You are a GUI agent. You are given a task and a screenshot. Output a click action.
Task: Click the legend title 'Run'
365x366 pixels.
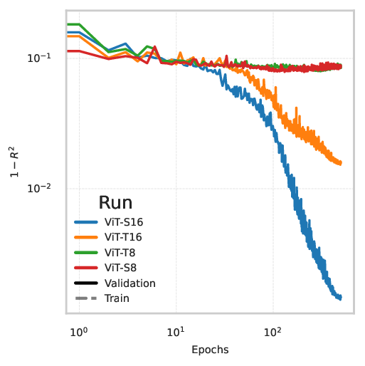115,202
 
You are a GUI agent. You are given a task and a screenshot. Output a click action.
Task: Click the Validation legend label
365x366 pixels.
129,283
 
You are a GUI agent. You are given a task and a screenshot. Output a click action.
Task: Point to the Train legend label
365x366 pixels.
117,298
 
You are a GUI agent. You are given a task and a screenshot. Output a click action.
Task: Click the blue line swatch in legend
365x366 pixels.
86,221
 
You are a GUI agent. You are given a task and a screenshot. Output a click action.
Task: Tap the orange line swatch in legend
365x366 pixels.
86,237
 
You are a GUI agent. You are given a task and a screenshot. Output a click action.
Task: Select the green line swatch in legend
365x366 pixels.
86,252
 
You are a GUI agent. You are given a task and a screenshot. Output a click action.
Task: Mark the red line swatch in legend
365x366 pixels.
86,268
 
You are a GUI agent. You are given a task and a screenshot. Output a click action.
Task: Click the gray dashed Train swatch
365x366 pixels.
86,298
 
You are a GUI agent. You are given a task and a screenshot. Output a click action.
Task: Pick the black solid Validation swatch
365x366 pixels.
86,283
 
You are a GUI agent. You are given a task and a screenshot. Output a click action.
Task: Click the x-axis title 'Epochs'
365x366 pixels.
210,350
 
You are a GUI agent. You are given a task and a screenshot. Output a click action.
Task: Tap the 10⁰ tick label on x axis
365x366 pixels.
79,332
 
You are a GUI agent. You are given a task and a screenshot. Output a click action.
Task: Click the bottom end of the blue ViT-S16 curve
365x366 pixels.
341,298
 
